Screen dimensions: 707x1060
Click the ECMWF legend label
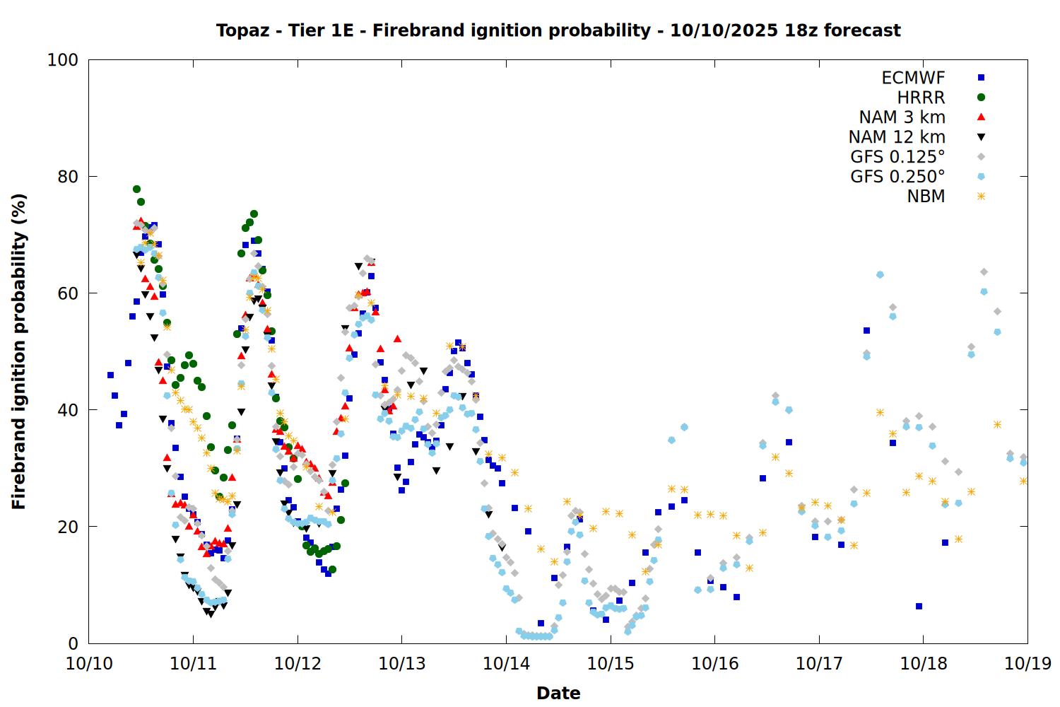913,78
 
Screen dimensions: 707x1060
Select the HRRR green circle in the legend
981,98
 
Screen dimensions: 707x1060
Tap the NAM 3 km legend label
902,117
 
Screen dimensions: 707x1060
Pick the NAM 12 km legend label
897,137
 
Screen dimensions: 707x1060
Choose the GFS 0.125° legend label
897,157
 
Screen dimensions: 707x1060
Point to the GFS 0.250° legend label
897,177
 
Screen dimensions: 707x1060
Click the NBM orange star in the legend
981,197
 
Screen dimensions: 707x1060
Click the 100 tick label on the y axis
63,60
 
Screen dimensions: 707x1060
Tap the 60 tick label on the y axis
68,293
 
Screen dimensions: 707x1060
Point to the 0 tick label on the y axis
73,643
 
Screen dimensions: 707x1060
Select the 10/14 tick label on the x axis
506,663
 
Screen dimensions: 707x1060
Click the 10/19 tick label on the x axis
1027,663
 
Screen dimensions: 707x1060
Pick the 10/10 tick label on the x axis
89,663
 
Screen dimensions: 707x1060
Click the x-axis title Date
558,693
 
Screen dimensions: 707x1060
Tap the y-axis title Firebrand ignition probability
19,351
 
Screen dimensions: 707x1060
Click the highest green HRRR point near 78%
136,189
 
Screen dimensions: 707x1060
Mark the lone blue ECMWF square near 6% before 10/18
919,606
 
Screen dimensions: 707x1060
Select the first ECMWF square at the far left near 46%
110,375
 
